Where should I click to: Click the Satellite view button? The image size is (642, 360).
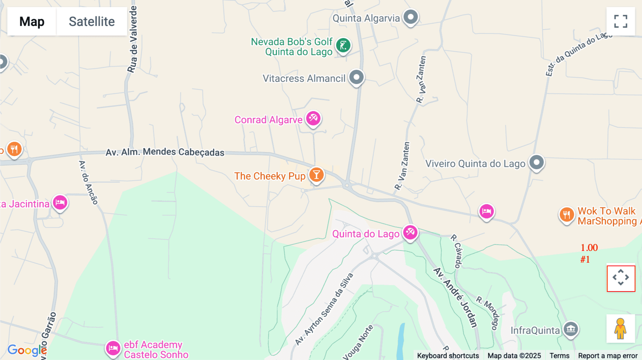click(92, 21)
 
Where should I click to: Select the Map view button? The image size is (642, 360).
click(32, 21)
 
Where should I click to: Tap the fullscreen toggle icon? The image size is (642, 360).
click(621, 21)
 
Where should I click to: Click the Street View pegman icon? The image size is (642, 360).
click(621, 329)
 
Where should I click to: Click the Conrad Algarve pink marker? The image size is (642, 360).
click(314, 118)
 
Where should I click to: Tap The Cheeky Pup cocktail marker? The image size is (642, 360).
click(316, 175)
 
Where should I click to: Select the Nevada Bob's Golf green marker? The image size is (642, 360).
click(343, 45)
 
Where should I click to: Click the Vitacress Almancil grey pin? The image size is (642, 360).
click(356, 77)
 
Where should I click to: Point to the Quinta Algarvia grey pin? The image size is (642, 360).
click(411, 17)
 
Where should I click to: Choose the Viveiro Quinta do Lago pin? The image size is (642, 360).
click(536, 163)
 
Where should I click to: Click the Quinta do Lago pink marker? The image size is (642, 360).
click(410, 232)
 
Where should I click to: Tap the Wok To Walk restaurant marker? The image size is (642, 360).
click(566, 215)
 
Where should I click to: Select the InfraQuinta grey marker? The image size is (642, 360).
click(571, 329)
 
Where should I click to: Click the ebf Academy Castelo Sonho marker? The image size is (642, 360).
click(113, 348)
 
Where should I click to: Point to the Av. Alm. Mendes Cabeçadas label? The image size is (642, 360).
click(165, 152)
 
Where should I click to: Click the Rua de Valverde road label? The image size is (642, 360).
click(132, 39)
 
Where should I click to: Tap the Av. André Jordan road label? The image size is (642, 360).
click(455, 298)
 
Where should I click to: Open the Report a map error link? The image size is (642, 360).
click(608, 356)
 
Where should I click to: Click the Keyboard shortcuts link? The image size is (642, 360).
click(448, 356)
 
